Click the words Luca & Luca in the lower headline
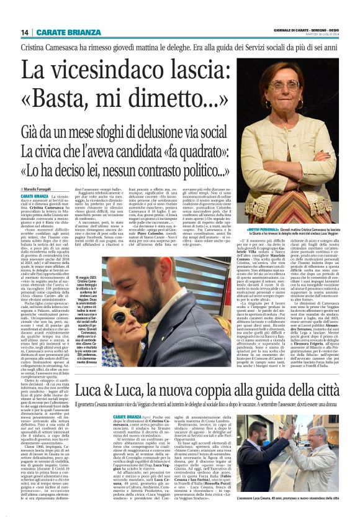pyautogui.click(x=111, y=375)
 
